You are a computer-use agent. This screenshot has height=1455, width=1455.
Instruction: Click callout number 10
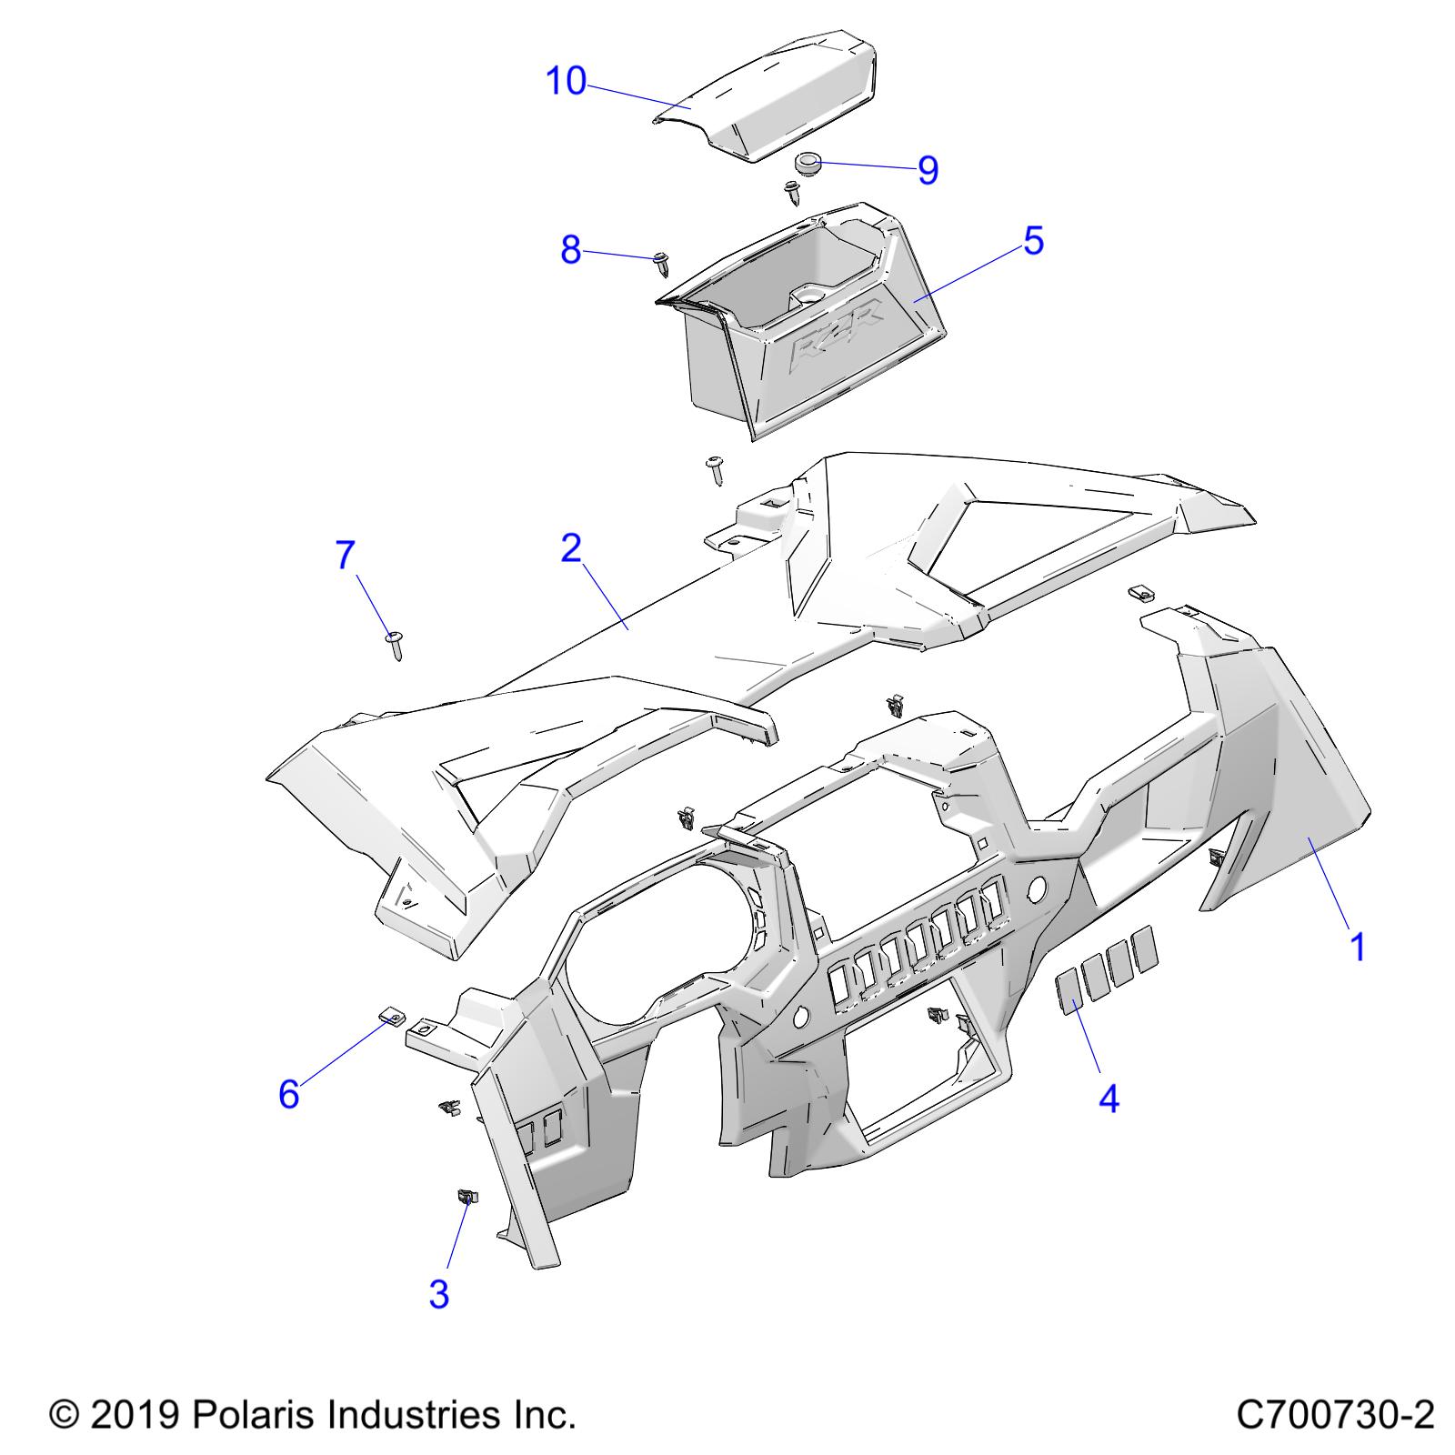click(x=566, y=82)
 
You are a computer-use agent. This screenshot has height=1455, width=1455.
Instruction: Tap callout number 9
click(x=928, y=170)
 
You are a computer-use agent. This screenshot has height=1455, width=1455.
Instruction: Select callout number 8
click(x=570, y=249)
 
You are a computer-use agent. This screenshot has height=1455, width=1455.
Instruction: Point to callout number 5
click(x=1033, y=241)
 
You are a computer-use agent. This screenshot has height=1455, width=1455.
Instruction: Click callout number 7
click(x=346, y=555)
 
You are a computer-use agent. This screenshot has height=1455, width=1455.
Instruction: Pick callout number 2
click(x=570, y=548)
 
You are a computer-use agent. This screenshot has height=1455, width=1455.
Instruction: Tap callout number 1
click(x=1357, y=948)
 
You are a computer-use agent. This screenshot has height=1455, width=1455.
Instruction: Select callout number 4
click(x=1109, y=1099)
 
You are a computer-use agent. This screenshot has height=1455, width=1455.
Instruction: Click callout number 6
click(x=288, y=1094)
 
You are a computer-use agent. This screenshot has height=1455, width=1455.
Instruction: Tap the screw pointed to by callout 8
click(x=661, y=265)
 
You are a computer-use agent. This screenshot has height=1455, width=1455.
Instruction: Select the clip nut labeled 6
click(x=390, y=1015)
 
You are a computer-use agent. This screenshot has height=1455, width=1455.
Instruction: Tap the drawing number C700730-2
click(x=1335, y=1415)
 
